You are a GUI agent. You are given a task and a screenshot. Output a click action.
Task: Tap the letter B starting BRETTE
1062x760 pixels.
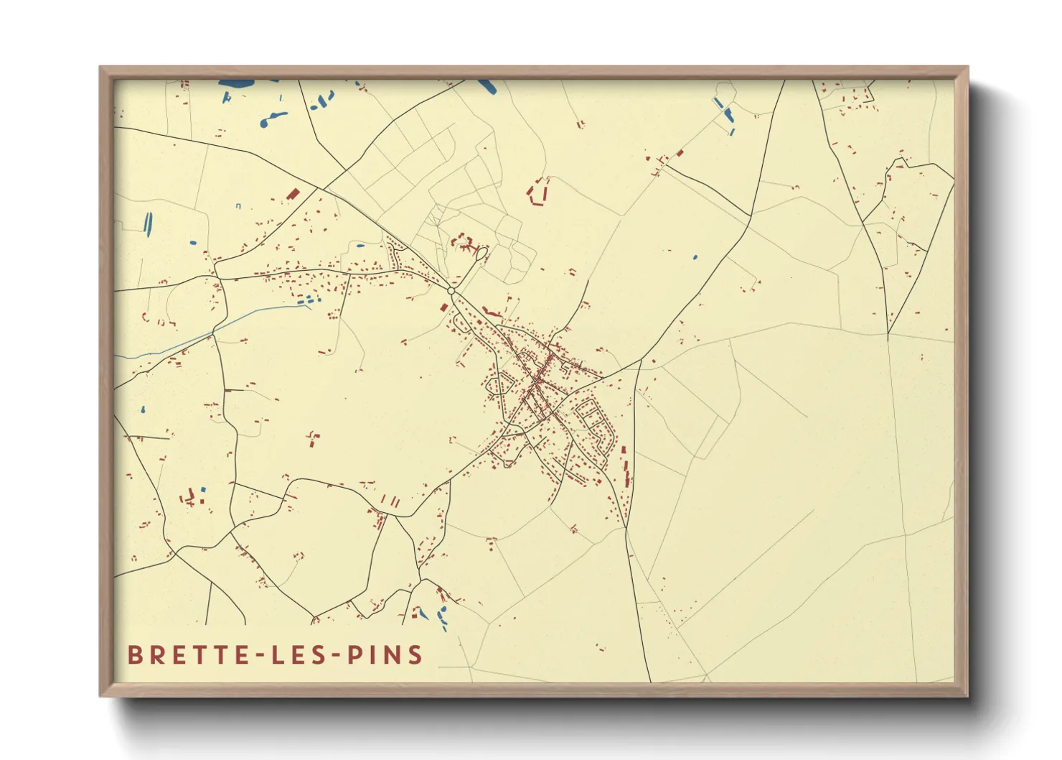coord(134,654)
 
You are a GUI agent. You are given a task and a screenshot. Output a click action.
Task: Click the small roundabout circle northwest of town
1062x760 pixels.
coord(451,291)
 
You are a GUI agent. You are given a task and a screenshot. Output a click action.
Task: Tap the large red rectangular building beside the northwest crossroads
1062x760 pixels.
coord(292,194)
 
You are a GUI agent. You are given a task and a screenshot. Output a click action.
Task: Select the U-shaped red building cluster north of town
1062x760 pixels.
coord(538,193)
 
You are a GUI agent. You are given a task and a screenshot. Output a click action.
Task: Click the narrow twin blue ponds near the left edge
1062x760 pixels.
coord(148,224)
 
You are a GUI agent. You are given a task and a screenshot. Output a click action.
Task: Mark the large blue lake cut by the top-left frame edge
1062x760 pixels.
coord(237,84)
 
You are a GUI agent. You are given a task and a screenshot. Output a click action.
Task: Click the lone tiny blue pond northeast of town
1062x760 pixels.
coord(695,256)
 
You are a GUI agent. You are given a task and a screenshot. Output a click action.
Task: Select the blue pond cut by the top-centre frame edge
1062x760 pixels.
coord(487,85)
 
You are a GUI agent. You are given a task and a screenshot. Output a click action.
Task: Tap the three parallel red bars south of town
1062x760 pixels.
coord(388,500)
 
